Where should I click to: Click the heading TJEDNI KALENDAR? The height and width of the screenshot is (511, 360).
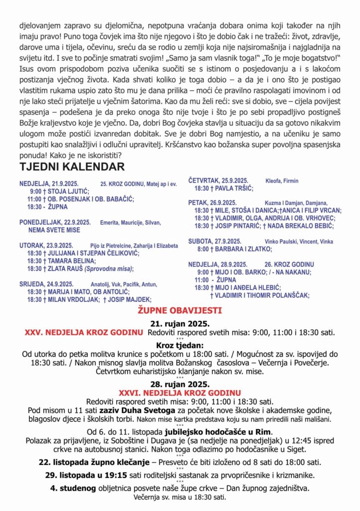pos(72,167)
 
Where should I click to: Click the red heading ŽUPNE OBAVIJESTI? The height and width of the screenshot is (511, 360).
pos(180,310)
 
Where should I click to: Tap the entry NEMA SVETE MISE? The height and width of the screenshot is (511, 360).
pos(54,230)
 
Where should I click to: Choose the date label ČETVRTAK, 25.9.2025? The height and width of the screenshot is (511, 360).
pos(218,180)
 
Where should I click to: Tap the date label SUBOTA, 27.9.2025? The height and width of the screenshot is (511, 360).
pos(213,241)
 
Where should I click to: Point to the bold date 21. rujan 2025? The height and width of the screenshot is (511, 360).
pos(180,323)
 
